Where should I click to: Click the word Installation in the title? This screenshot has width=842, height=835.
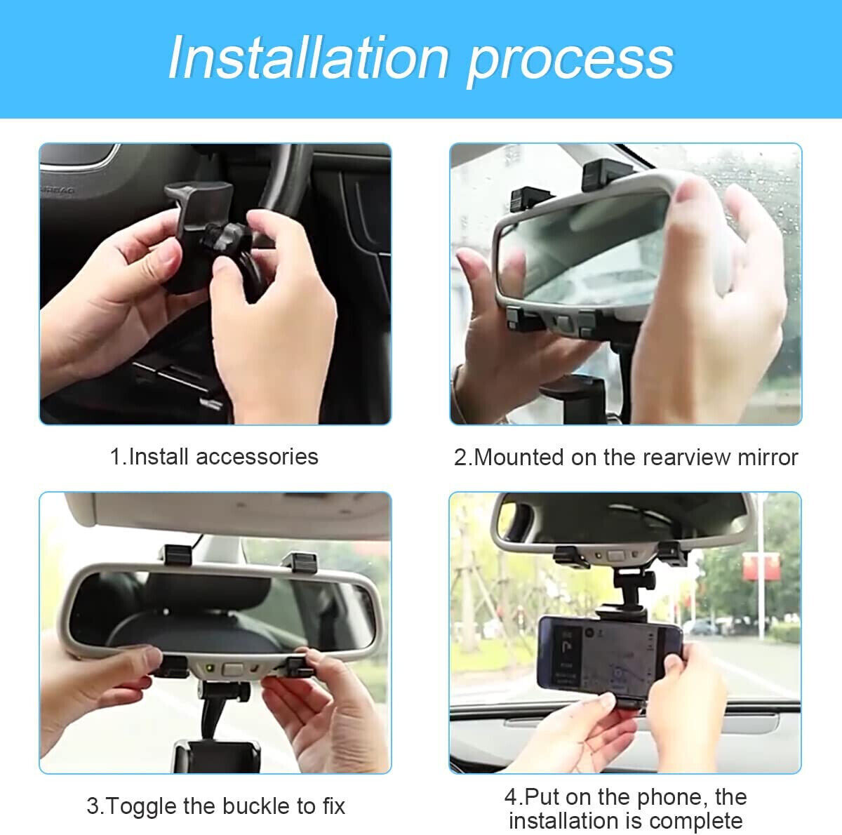[308, 58]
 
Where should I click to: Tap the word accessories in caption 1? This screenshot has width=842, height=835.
[257, 457]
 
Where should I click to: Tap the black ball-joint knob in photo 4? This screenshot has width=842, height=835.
[634, 583]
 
